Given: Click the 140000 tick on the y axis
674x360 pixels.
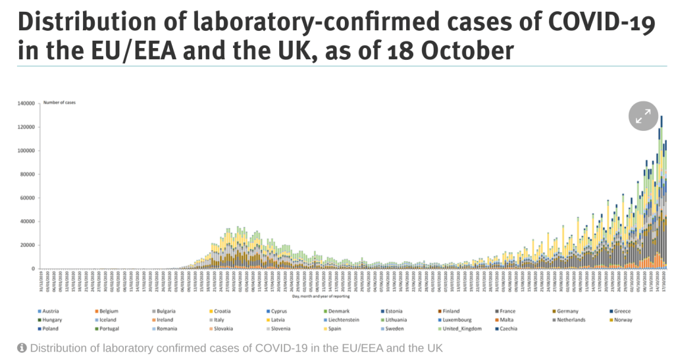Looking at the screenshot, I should (x=25, y=103).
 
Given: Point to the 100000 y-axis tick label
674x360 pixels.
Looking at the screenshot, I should (x=25, y=151).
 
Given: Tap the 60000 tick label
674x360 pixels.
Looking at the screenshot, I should (x=27, y=198).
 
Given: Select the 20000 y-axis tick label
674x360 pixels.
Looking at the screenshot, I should (x=27, y=245).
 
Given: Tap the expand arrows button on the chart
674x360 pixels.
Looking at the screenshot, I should (x=643, y=116).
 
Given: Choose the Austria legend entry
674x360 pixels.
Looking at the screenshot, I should (x=51, y=311).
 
